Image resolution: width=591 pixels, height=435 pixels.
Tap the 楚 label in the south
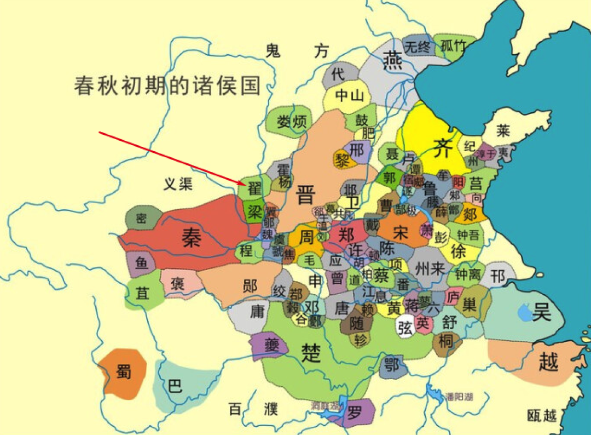(311, 354)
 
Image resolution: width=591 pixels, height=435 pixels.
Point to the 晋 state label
(305, 195)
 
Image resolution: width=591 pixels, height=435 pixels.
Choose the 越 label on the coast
(548, 362)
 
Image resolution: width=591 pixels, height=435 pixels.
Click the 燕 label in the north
(392, 58)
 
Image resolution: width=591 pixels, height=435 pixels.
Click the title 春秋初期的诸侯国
(167, 86)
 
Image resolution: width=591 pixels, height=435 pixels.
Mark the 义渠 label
(178, 184)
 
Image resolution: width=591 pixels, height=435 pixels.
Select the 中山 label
(349, 96)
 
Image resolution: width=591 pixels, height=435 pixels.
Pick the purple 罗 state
(355, 410)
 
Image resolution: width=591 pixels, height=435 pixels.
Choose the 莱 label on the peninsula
(503, 130)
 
